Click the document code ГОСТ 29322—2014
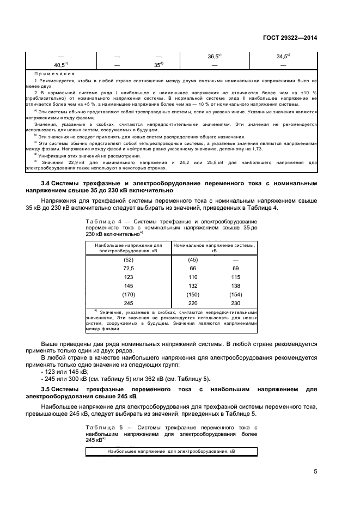291,38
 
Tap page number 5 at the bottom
315,471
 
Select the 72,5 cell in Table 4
129,269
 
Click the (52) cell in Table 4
129,260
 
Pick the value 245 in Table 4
129,303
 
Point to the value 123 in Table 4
129,277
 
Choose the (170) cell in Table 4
129,294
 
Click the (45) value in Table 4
192,260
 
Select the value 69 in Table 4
236,269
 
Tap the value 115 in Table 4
236,277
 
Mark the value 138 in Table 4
236,286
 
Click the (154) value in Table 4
236,294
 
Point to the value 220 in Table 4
192,303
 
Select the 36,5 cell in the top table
214,57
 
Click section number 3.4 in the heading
47,184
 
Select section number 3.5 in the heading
47,389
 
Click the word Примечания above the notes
54,72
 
